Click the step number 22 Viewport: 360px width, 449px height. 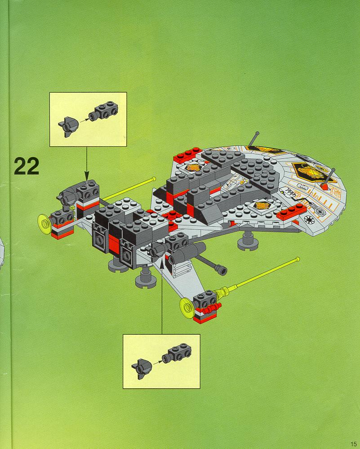click(x=27, y=166)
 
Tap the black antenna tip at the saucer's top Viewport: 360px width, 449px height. click(x=257, y=134)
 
